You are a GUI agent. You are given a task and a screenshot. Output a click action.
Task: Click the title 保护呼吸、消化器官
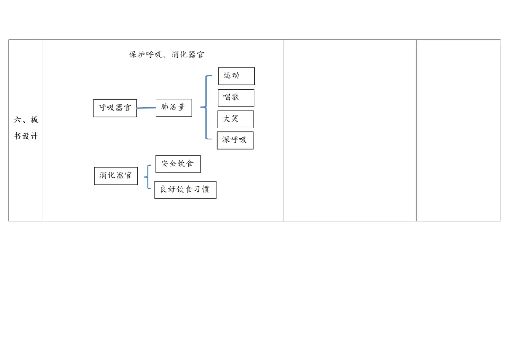click(167, 55)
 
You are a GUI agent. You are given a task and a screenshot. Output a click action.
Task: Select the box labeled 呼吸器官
click(115, 108)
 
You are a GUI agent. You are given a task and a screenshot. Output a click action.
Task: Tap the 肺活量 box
click(173, 107)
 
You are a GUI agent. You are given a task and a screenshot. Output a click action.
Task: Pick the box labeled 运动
click(236, 76)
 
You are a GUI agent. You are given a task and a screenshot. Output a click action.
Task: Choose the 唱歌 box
click(236, 98)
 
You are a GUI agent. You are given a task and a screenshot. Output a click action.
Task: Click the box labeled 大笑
click(235, 119)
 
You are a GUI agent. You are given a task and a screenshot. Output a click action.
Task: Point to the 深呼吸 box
click(235, 140)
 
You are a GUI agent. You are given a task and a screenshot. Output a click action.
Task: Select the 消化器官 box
click(115, 176)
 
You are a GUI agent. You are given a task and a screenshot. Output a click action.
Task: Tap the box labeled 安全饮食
click(177, 164)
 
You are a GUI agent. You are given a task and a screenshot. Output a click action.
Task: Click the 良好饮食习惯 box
click(185, 190)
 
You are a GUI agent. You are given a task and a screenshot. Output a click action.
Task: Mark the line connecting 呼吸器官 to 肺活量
click(146, 108)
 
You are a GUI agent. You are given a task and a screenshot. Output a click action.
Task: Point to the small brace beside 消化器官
click(148, 177)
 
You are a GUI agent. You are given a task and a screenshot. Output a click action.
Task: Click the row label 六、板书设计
click(26, 128)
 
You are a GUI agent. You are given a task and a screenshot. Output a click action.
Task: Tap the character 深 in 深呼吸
click(226, 140)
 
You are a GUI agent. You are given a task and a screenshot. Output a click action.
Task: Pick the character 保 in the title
click(133, 55)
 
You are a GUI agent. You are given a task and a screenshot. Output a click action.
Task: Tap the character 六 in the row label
click(17, 120)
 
